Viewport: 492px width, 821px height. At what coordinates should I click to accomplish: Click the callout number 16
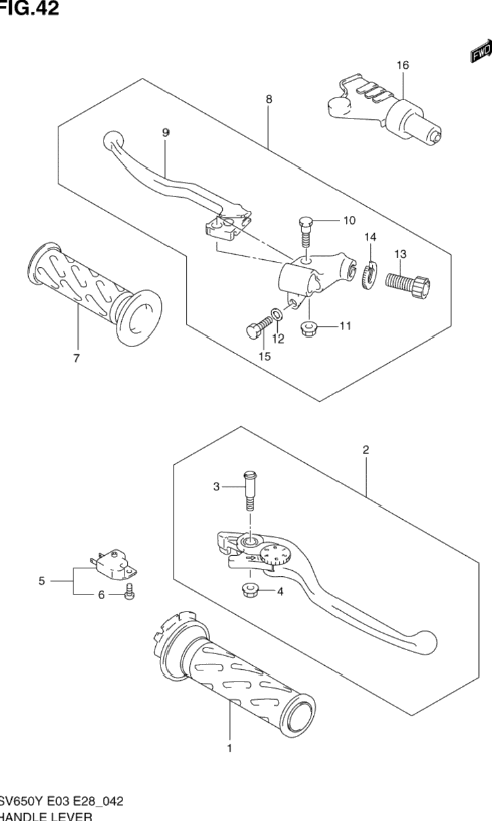[x=402, y=65]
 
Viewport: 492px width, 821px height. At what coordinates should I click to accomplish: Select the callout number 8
[x=269, y=100]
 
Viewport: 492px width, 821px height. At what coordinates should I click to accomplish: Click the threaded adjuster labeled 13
[x=407, y=283]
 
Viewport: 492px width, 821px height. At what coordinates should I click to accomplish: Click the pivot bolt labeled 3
[x=250, y=493]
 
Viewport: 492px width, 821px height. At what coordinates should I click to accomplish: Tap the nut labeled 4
[x=252, y=590]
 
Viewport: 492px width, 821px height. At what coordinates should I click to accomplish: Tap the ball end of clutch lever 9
[x=112, y=140]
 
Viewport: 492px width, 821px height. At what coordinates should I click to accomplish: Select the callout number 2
[x=366, y=450]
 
